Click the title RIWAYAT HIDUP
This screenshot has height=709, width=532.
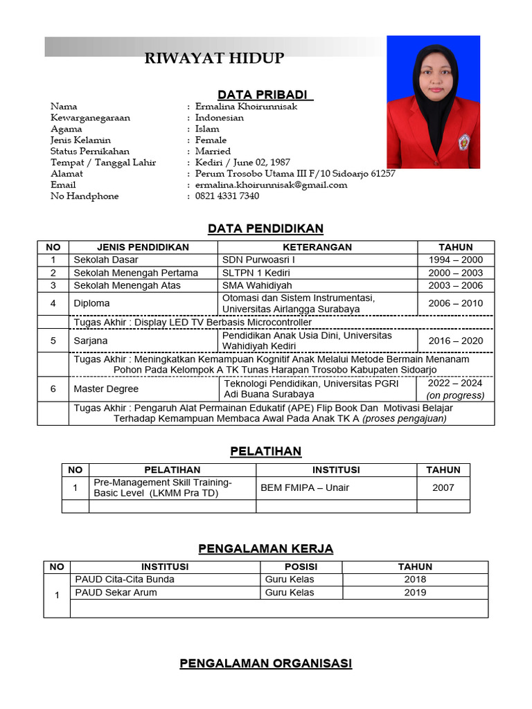[214, 58]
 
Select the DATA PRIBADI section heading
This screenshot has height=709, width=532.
[265, 94]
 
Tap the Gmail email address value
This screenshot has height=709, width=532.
[271, 185]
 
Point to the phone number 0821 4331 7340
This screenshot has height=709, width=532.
[227, 196]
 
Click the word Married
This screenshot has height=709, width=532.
[213, 151]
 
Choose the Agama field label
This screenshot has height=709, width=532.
[66, 129]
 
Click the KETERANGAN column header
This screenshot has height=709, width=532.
[317, 247]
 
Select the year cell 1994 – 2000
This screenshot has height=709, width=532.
[455, 260]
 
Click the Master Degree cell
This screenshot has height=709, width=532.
[106, 389]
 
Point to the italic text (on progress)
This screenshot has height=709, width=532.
[455, 395]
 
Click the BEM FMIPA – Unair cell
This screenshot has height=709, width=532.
[305, 487]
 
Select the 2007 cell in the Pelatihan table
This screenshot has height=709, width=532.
[443, 487]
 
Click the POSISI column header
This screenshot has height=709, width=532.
[301, 566]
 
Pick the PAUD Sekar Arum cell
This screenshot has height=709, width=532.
[116, 593]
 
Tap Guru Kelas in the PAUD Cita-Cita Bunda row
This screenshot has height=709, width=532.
[290, 580]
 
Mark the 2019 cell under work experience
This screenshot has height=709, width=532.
[415, 593]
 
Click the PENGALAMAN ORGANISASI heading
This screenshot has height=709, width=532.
[265, 663]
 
